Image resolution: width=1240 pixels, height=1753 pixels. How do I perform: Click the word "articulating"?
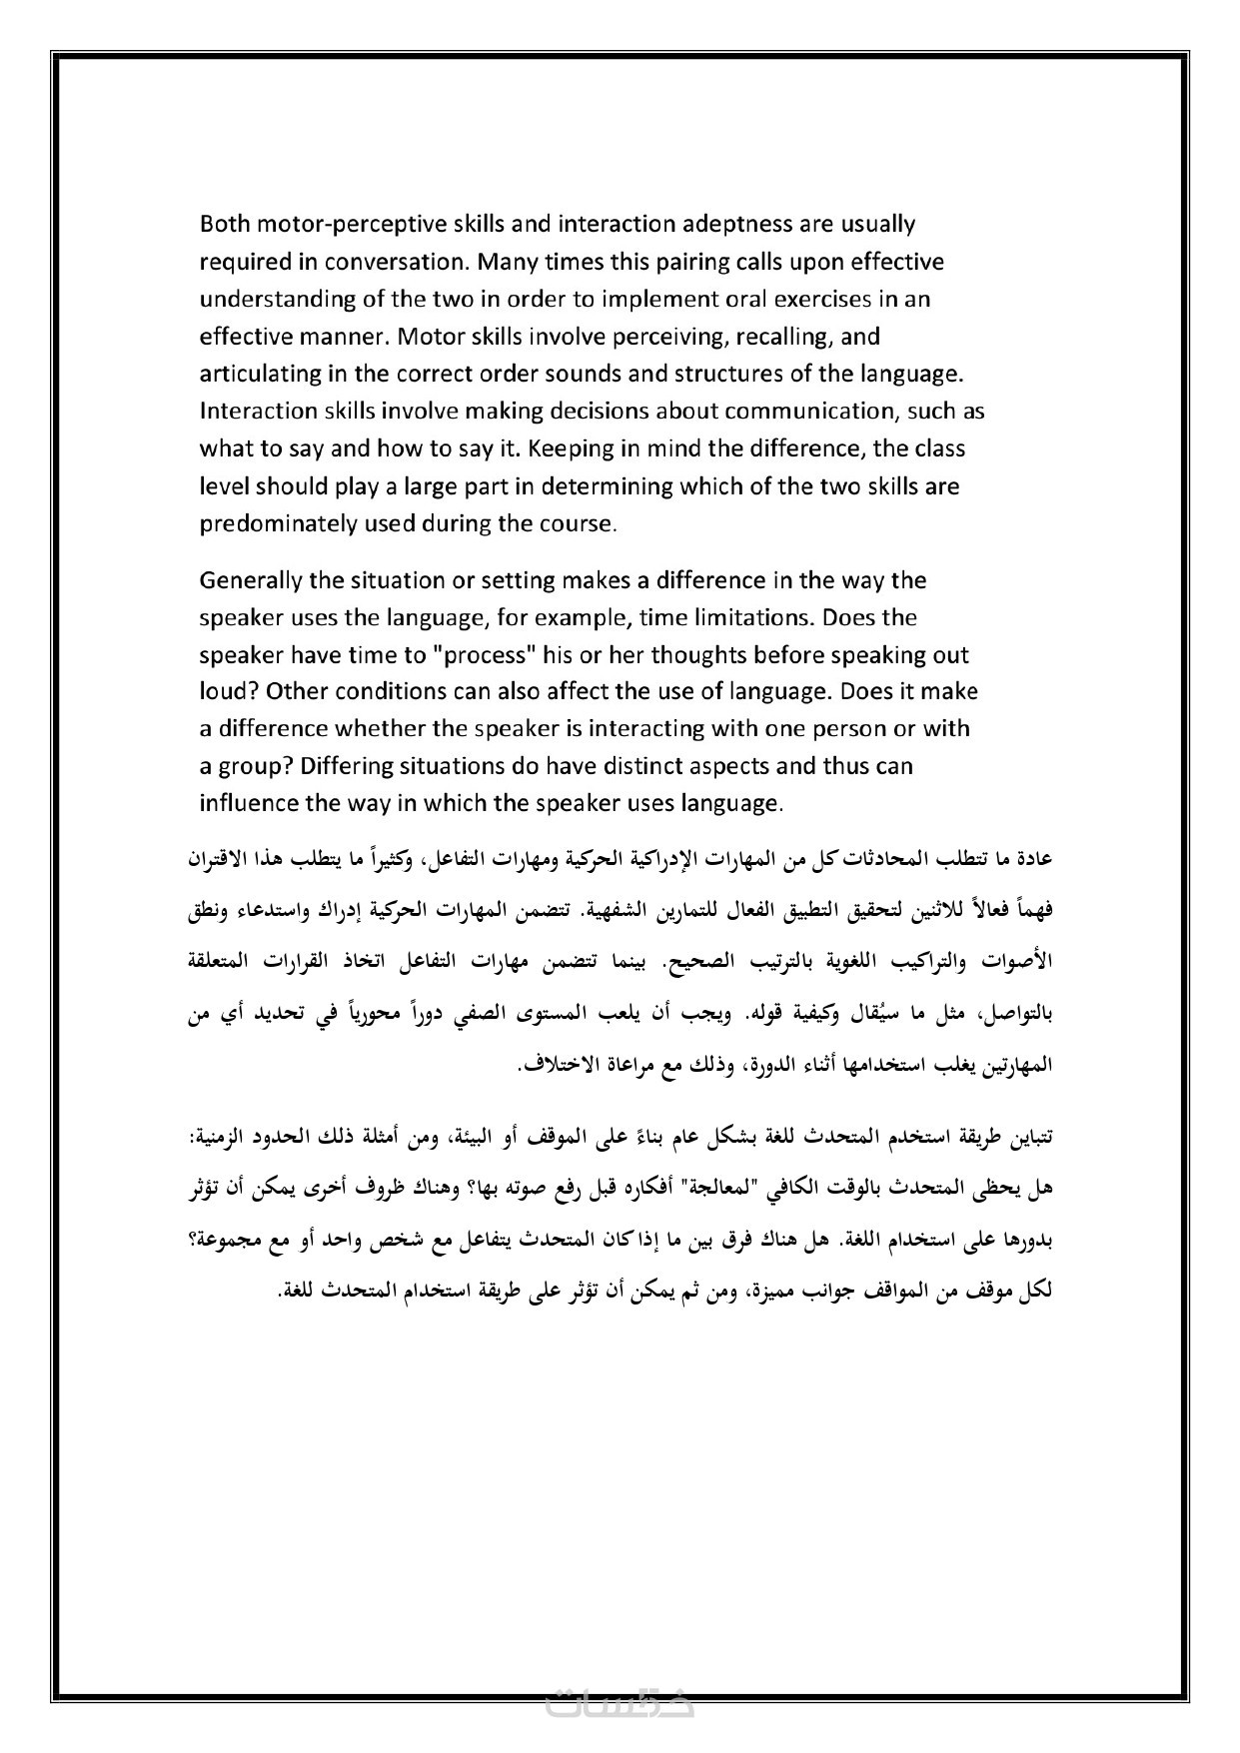260,374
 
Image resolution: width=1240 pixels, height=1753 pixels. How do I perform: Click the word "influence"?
249,803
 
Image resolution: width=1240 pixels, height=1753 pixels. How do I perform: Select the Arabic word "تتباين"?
1031,1137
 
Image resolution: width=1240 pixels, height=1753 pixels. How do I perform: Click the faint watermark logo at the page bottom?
620,1703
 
